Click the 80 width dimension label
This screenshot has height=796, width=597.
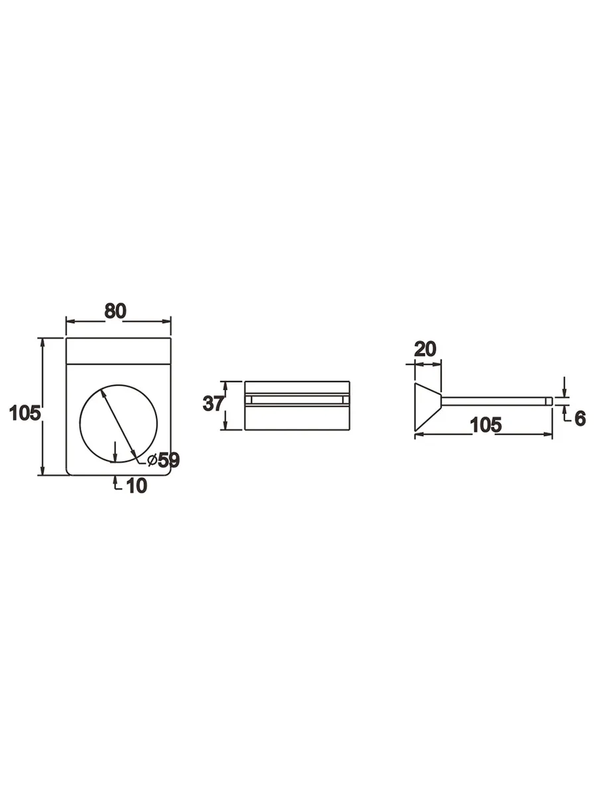coord(115,311)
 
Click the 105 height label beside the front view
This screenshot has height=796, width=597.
coord(25,413)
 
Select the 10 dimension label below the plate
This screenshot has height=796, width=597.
coord(137,486)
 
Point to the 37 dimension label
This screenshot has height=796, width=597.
coord(213,403)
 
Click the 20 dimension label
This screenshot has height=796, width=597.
coord(425,349)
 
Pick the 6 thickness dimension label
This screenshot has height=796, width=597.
coord(580,419)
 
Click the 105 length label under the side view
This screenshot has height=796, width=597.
coord(486,425)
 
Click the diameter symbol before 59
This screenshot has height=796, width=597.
coord(153,460)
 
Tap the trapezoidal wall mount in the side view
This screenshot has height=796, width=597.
coord(428,407)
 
